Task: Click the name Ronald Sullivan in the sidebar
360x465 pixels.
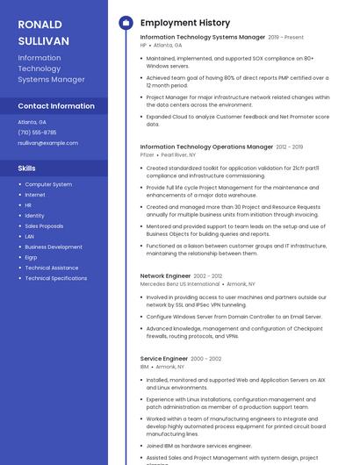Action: click(x=42, y=32)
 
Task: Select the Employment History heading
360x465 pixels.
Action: click(x=184, y=23)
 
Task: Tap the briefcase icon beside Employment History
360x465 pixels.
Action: click(x=126, y=23)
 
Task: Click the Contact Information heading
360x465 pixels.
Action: click(x=56, y=106)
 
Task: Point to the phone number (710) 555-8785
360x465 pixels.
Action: click(x=37, y=132)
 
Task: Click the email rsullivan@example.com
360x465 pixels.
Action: click(x=47, y=143)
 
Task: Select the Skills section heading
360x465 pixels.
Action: click(x=26, y=168)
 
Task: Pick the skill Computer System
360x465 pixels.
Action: click(x=48, y=184)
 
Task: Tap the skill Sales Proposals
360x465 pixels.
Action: click(x=44, y=225)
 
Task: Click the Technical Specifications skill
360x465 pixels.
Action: click(x=55, y=278)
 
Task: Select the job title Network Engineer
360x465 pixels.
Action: click(x=165, y=275)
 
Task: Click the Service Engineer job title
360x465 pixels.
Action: click(x=164, y=359)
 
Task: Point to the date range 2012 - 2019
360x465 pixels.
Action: click(x=289, y=147)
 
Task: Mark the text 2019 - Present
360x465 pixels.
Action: click(x=285, y=38)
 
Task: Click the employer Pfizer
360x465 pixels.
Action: click(x=147, y=154)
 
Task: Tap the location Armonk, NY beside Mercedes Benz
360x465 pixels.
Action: click(x=241, y=284)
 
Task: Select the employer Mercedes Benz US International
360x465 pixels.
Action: click(x=180, y=284)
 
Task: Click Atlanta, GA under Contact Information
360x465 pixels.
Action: click(x=32, y=122)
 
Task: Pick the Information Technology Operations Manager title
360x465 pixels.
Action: click(x=206, y=147)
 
